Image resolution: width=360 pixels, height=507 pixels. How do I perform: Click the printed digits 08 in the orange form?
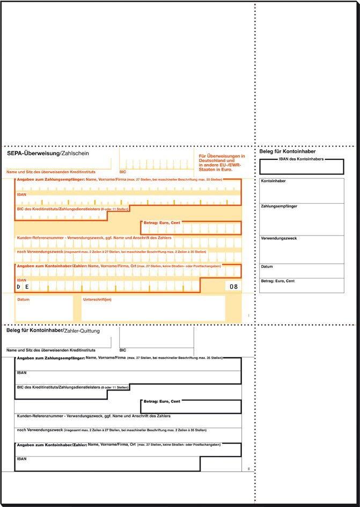point(233,287)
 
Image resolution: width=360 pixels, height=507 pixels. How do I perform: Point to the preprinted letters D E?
point(22,287)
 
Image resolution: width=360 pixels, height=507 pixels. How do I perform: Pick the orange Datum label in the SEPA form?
point(24,299)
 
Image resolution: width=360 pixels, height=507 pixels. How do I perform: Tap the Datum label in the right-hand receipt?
point(267,267)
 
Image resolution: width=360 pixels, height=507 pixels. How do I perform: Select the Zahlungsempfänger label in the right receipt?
point(279,206)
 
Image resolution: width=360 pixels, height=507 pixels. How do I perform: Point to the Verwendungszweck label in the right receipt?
point(278,238)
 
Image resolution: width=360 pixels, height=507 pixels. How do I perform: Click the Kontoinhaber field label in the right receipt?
point(273,181)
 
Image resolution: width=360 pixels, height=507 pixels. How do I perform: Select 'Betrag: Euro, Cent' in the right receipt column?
point(278,281)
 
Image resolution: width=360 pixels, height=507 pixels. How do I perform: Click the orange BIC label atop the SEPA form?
point(123,172)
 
